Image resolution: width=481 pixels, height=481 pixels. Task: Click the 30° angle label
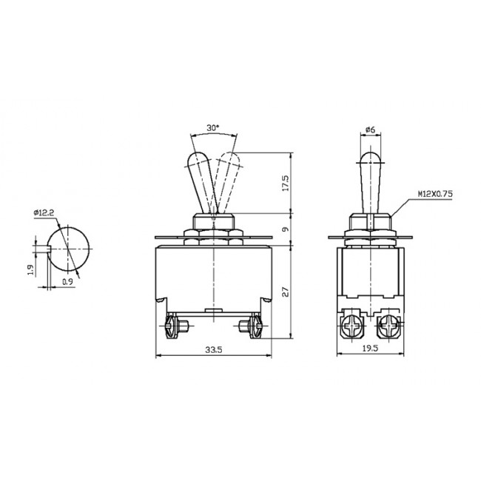pyautogui.click(x=214, y=128)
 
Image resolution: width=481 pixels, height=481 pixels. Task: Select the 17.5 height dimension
pyautogui.click(x=286, y=182)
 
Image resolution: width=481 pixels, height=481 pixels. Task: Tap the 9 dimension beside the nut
pyautogui.click(x=286, y=229)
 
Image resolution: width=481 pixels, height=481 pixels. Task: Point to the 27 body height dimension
pyautogui.click(x=286, y=293)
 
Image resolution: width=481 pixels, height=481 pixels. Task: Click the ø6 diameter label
pyautogui.click(x=370, y=130)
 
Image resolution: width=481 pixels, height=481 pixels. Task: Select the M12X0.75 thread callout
pyautogui.click(x=434, y=193)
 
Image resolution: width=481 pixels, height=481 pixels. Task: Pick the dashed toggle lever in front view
pyautogui.click(x=226, y=181)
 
